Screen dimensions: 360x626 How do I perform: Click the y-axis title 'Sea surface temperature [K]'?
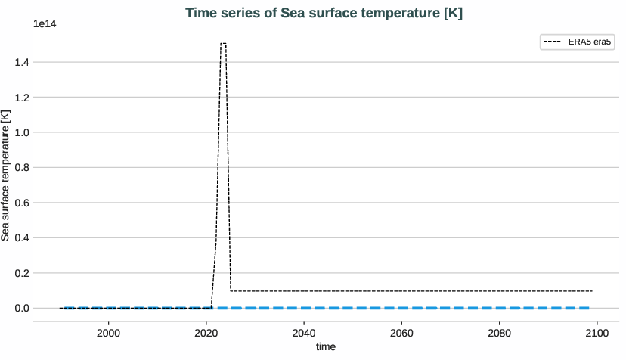click(7, 175)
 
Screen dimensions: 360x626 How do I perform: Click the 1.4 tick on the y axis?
click(21, 63)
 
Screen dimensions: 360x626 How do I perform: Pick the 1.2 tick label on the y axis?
click(21, 98)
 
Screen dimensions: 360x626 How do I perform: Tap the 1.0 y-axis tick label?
click(21, 132)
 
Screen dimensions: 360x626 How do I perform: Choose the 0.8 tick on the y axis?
click(21, 168)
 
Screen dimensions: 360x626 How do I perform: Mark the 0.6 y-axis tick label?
click(21, 203)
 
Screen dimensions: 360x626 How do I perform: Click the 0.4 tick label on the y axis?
click(21, 237)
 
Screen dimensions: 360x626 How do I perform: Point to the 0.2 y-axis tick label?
click(21, 273)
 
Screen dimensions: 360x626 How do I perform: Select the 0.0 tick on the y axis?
click(21, 308)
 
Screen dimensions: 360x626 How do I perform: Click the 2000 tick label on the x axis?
click(108, 332)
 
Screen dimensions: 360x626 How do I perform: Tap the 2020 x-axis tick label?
click(206, 332)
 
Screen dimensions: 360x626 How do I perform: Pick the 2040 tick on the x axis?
click(303, 332)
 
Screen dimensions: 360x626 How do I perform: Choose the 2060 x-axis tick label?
click(401, 332)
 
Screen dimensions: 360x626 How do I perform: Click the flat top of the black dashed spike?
click(223, 44)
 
